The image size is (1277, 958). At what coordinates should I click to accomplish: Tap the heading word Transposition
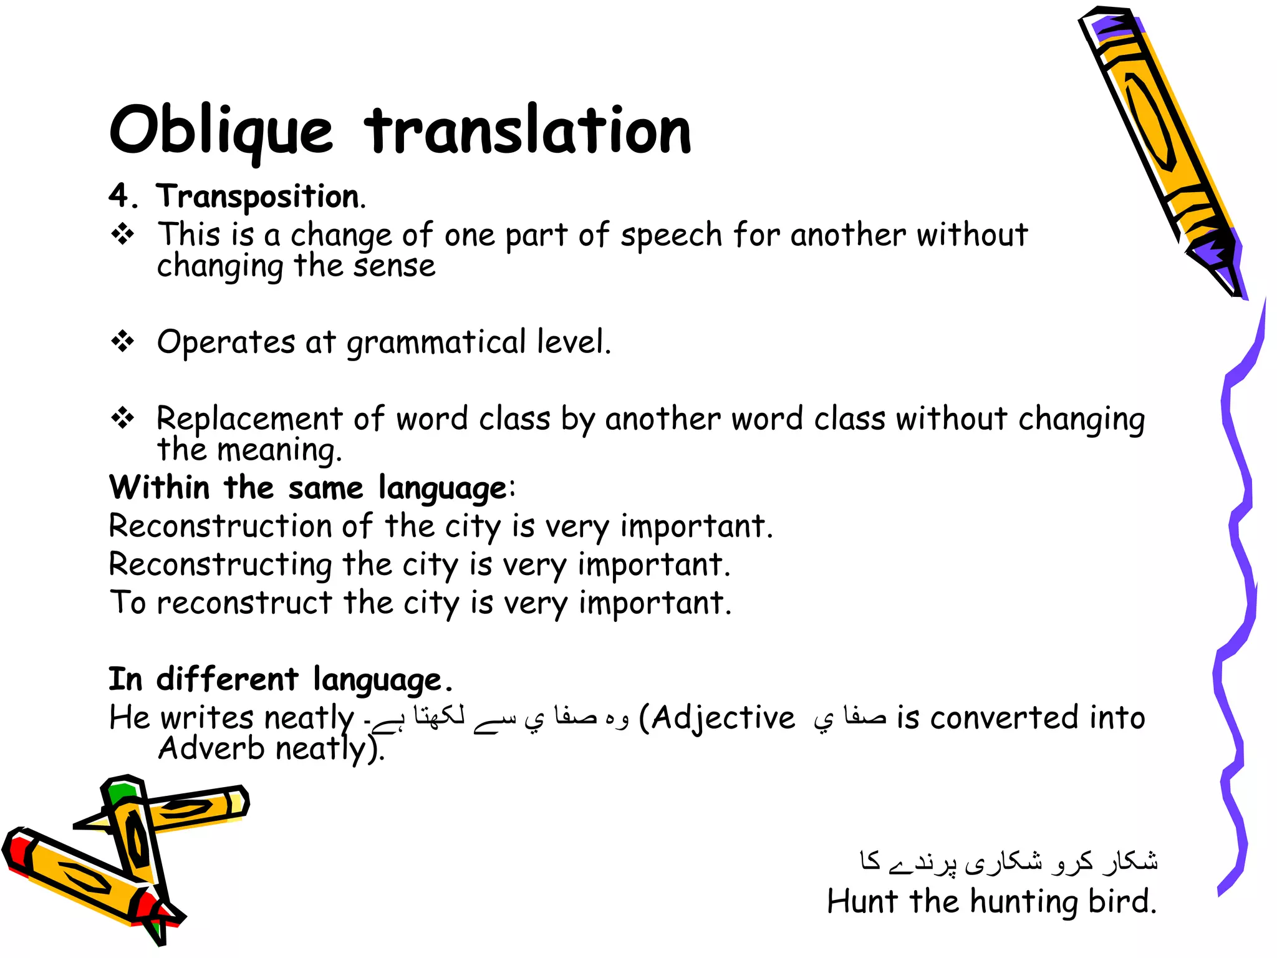(259, 197)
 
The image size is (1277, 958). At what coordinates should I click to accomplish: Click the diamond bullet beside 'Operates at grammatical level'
(123, 341)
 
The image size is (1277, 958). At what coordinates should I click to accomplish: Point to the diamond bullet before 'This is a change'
(123, 235)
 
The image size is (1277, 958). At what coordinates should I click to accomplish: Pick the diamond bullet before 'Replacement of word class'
(123, 418)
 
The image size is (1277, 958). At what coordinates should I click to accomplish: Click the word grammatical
(436, 343)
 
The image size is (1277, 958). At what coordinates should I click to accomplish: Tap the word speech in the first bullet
(671, 236)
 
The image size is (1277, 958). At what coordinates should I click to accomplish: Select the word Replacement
(249, 419)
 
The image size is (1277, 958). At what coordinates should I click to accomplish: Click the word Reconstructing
(220, 565)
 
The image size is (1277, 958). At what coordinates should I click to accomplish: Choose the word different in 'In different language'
(227, 679)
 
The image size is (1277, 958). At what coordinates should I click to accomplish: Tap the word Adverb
(211, 748)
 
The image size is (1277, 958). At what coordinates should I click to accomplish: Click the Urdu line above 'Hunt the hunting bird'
(1008, 861)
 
